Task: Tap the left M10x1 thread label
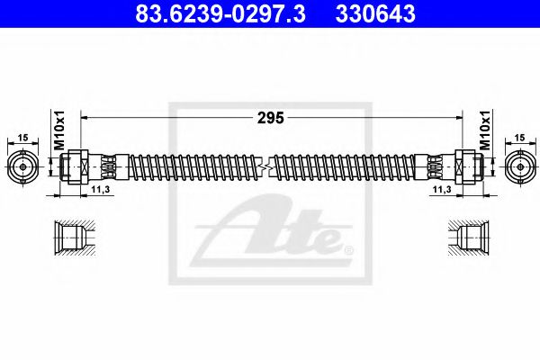pos(57,133)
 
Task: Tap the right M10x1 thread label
pos(483,133)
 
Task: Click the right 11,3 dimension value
pos(441,192)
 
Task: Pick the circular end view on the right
pos(518,167)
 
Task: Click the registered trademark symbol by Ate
pos(348,248)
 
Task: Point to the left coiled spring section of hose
pos(189,167)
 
